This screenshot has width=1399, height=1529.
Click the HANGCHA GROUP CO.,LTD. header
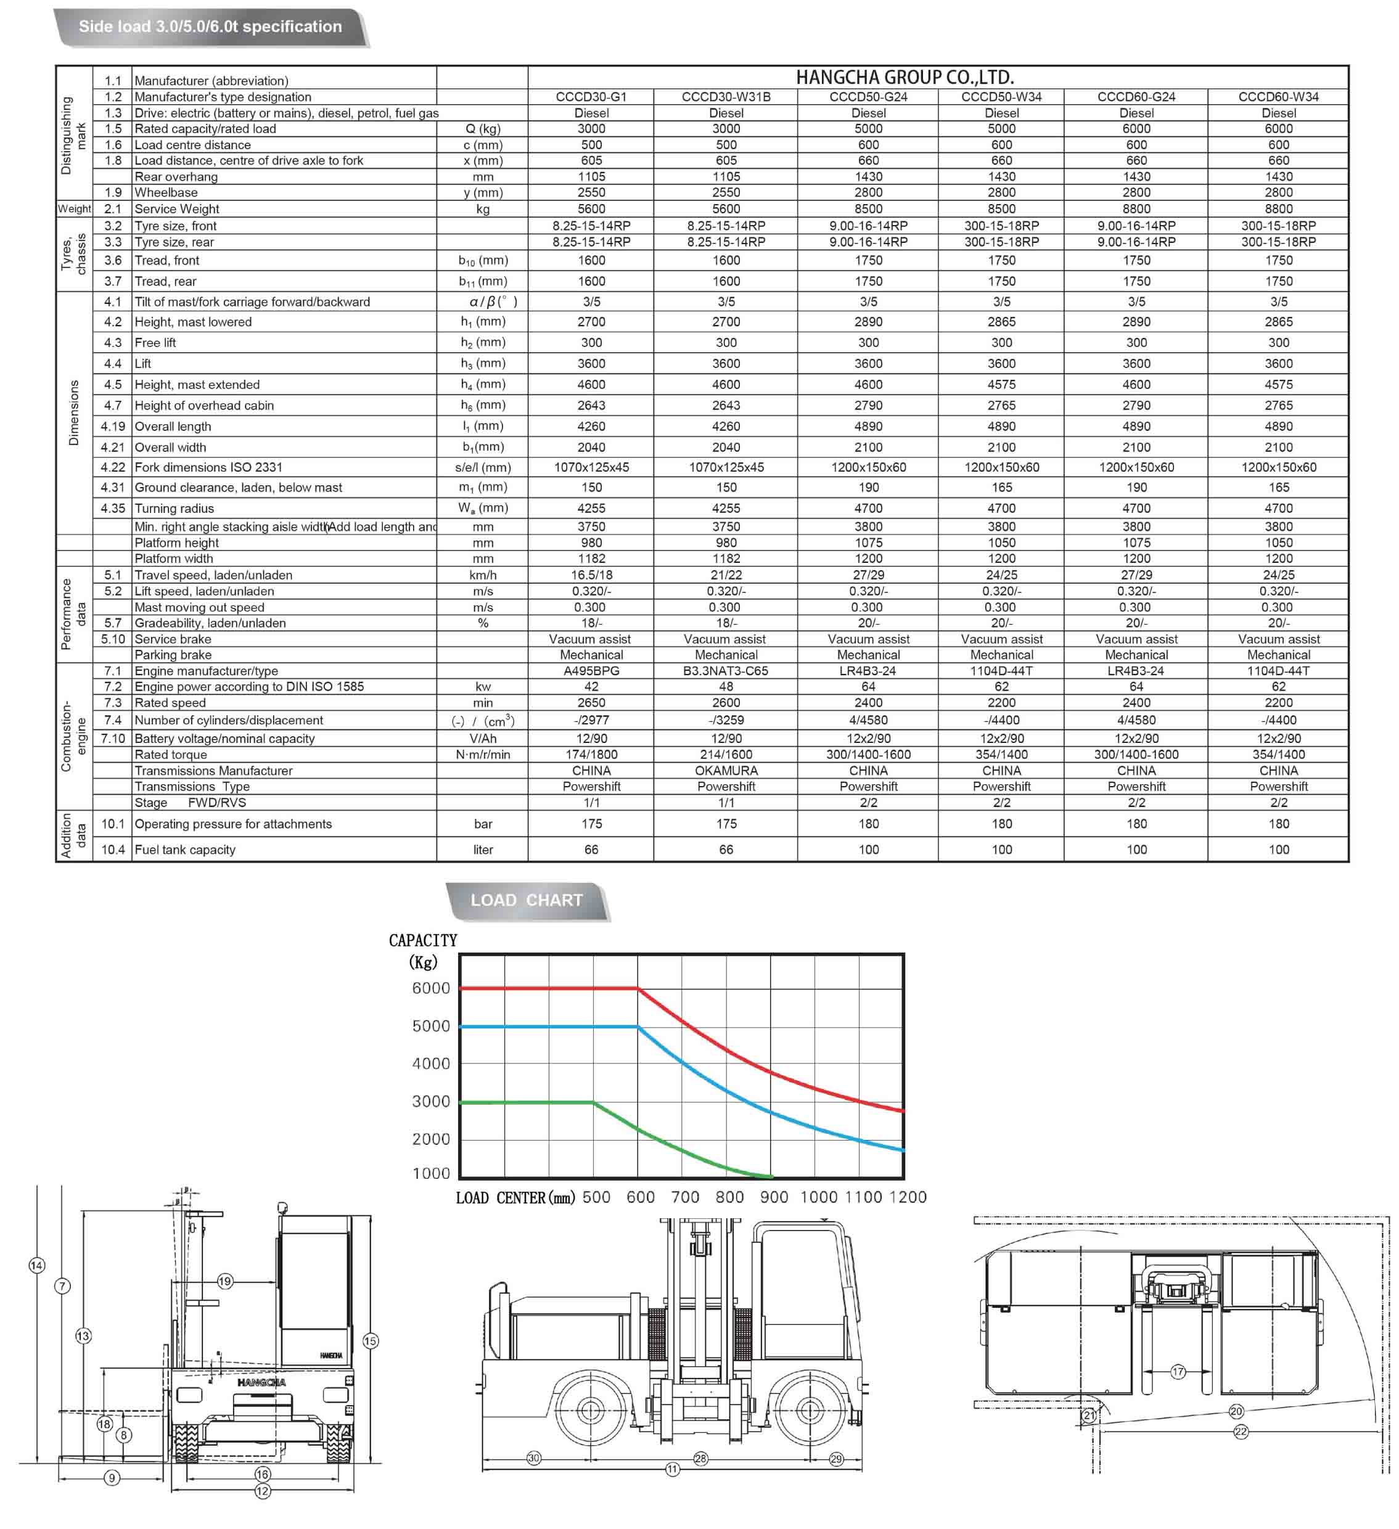click(x=905, y=77)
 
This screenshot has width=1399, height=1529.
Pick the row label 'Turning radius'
click(x=174, y=509)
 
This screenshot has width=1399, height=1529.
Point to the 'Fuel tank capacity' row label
click(x=185, y=850)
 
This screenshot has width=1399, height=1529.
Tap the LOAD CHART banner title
click(x=527, y=900)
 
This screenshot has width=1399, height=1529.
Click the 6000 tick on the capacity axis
click(x=431, y=988)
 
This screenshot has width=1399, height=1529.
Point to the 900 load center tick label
click(x=774, y=1197)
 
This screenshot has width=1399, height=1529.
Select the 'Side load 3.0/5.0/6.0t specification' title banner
click(x=210, y=27)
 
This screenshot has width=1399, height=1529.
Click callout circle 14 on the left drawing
click(x=36, y=1266)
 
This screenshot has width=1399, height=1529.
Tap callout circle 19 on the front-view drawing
click(x=225, y=1282)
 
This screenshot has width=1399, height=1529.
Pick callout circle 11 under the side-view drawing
click(x=672, y=1470)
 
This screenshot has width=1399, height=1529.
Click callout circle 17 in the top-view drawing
click(x=1178, y=1372)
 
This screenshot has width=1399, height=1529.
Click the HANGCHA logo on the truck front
click(x=262, y=1383)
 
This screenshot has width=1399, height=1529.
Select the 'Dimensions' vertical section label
click(x=73, y=413)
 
